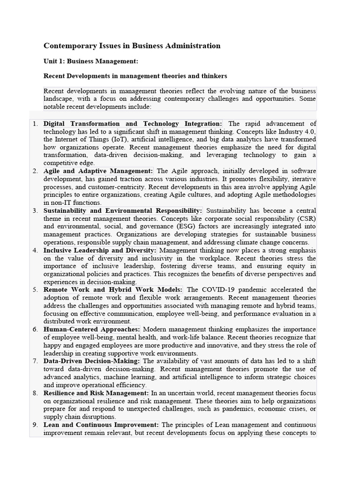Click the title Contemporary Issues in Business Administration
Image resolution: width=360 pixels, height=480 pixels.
pyautogui.click(x=132, y=46)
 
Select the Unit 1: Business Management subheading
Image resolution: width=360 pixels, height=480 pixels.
pyautogui.click(x=90, y=61)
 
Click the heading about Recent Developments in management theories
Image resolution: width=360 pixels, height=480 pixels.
pyautogui.click(x=135, y=75)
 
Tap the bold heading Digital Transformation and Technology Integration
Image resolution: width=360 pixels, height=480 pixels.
pyautogui.click(x=133, y=124)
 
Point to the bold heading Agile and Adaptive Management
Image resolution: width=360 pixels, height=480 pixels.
pyautogui.click(x=98, y=171)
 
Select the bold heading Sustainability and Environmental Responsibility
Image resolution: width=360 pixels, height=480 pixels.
pyautogui.click(x=123, y=211)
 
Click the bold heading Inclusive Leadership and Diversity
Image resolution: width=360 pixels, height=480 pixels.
pyautogui.click(x=100, y=250)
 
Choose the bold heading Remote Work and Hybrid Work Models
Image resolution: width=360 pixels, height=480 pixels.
pyautogui.click(x=113, y=290)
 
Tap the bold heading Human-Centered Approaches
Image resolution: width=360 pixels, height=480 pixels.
pyautogui.click(x=92, y=330)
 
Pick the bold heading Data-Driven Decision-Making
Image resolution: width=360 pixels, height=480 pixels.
pyautogui.click(x=92, y=361)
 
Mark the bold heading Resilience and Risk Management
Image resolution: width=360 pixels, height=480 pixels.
pyautogui.click(x=96, y=393)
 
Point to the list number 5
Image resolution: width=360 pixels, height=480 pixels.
pyautogui.click(x=35, y=290)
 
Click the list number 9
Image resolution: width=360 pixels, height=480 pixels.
pyautogui.click(x=35, y=425)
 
